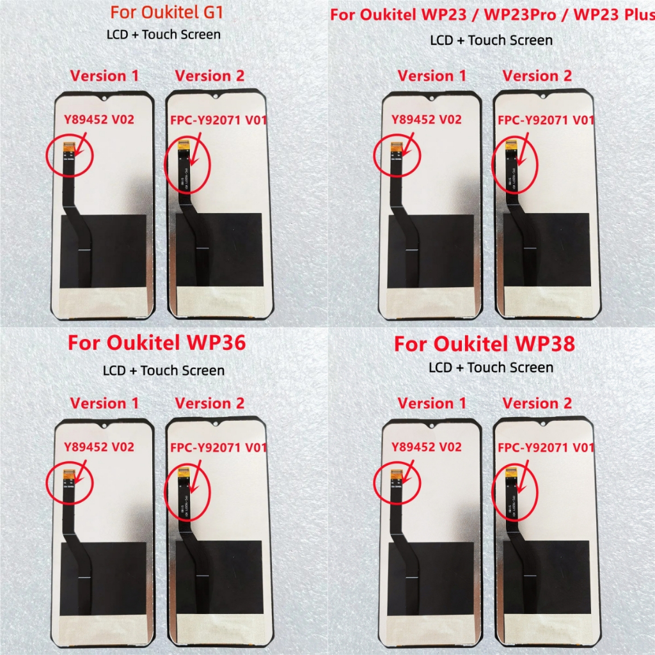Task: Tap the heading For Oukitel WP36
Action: pyautogui.click(x=157, y=343)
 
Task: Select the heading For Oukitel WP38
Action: pyautogui.click(x=484, y=343)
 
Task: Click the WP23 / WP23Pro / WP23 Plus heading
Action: pyautogui.click(x=491, y=15)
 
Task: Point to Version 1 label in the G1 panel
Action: pyautogui.click(x=104, y=75)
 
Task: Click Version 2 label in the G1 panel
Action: pyautogui.click(x=210, y=75)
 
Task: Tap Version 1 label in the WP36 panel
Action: pyautogui.click(x=104, y=403)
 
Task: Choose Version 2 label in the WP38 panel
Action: pyautogui.click(x=537, y=403)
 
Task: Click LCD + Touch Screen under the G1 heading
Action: pyautogui.click(x=164, y=35)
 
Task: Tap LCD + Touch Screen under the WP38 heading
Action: pyautogui.click(x=491, y=367)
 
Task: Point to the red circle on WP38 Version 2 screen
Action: pyautogui.click(x=515, y=490)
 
